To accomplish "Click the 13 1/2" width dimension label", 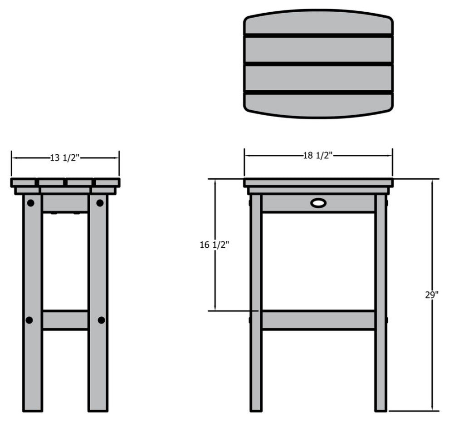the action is pos(65,157).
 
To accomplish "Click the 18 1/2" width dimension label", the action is pos(318,155).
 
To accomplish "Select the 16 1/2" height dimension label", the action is pos(215,245).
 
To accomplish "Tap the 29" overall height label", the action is pos(432,295).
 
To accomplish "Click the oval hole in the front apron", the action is pos(318,203).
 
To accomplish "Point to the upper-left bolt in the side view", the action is pos(31,203).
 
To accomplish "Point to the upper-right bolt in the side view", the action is pos(100,203).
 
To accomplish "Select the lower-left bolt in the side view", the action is pos(29,320).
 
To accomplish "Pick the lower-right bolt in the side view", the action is pos(102,320).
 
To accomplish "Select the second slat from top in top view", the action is pos(318,50).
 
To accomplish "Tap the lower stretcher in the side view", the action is pos(65,320).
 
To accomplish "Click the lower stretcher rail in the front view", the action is pos(318,320).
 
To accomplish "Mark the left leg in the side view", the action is pos(33,303).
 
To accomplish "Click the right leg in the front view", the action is pos(381,303).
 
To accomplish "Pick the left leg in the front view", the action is pos(256,303).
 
